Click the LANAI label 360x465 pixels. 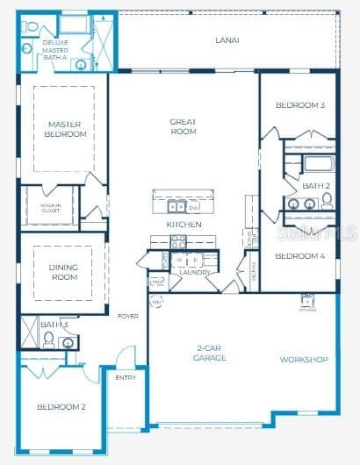(x=227, y=39)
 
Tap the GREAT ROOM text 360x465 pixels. (x=183, y=126)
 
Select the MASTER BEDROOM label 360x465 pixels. (x=64, y=129)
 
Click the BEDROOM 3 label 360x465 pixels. (x=300, y=105)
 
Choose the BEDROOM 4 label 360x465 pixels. (x=299, y=256)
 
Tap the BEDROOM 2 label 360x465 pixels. (x=61, y=407)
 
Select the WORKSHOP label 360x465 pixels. (x=304, y=360)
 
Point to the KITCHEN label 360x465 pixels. (x=184, y=225)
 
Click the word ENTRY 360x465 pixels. (x=126, y=377)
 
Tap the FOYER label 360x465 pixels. (x=127, y=317)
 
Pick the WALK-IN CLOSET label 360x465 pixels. (x=49, y=208)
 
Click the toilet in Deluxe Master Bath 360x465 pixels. (x=31, y=26)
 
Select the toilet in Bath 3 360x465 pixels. (x=49, y=338)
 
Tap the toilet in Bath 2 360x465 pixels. (x=326, y=200)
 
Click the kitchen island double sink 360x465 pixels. (x=176, y=207)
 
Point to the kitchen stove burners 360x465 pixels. (x=177, y=241)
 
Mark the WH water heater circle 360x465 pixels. (x=156, y=302)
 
